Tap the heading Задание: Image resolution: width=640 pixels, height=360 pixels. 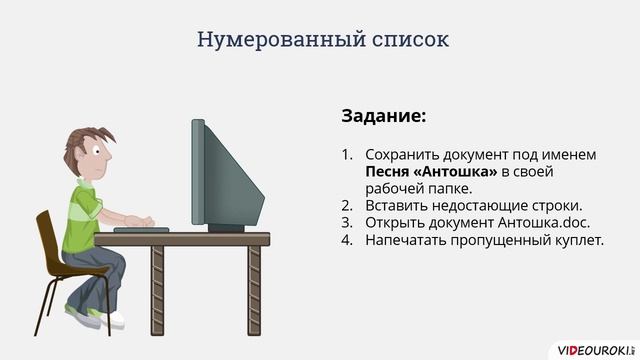pos(383,116)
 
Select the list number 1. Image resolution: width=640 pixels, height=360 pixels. pos(347,155)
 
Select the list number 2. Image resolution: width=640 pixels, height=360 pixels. pos(347,206)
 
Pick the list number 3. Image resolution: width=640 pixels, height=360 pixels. pos(347,223)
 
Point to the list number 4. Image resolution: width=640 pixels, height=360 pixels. pos(347,240)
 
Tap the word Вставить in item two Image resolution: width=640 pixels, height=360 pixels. pos(397,206)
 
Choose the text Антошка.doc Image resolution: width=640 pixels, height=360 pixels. pos(535,223)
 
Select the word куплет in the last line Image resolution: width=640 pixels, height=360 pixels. pos(577,240)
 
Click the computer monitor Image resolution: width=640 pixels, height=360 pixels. pos(225,175)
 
